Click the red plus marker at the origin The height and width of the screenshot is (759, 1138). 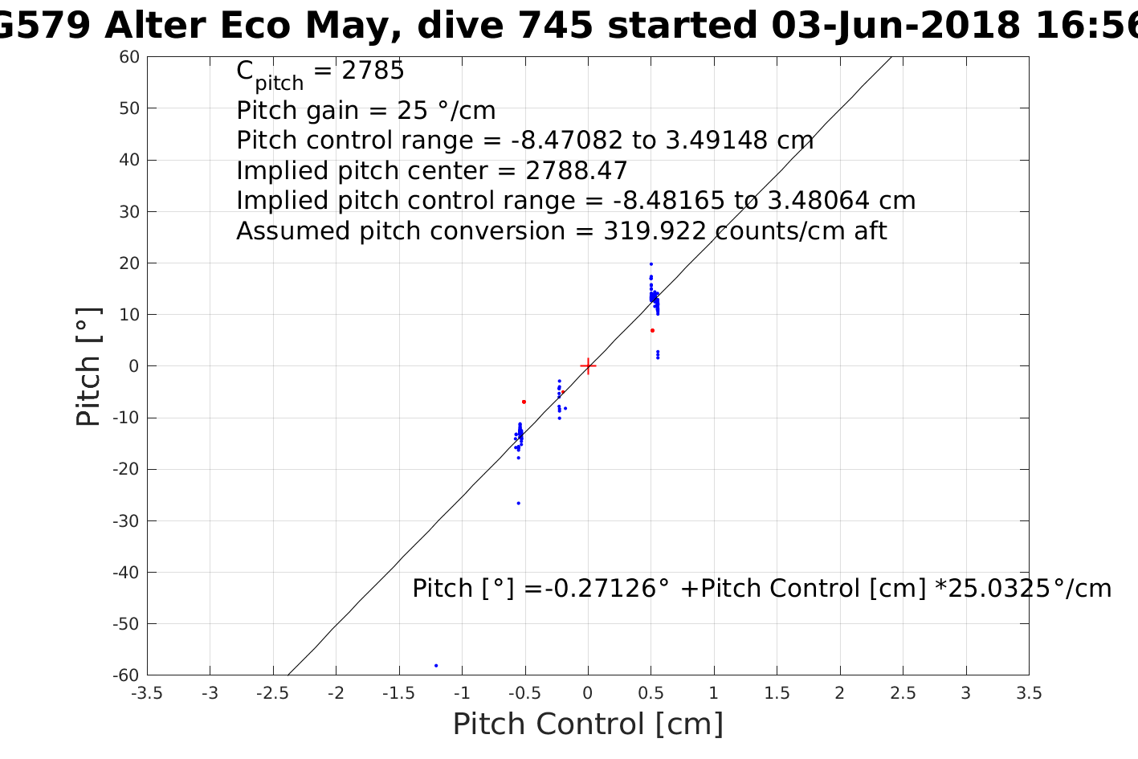pyautogui.click(x=588, y=366)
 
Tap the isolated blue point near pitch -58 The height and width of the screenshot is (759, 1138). pyautogui.click(x=436, y=665)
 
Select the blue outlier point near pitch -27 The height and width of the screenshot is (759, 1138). pyautogui.click(x=518, y=503)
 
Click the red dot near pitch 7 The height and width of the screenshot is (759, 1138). pyautogui.click(x=652, y=330)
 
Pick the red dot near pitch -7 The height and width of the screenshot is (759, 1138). pyautogui.click(x=524, y=402)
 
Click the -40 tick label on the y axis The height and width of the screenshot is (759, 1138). pyautogui.click(x=125, y=573)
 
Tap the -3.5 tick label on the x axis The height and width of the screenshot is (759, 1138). pyautogui.click(x=147, y=693)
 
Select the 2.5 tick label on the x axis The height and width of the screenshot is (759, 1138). pyautogui.click(x=903, y=693)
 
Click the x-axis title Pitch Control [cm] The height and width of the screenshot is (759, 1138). pyautogui.click(x=588, y=724)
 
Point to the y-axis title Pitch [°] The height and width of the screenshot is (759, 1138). pyautogui.click(x=88, y=366)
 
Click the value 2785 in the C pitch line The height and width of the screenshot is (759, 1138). pyautogui.click(x=373, y=71)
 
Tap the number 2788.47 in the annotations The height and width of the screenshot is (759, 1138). pyautogui.click(x=576, y=171)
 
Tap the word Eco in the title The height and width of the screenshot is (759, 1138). pyautogui.click(x=255, y=26)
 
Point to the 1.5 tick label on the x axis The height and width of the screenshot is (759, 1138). pyautogui.click(x=777, y=693)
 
